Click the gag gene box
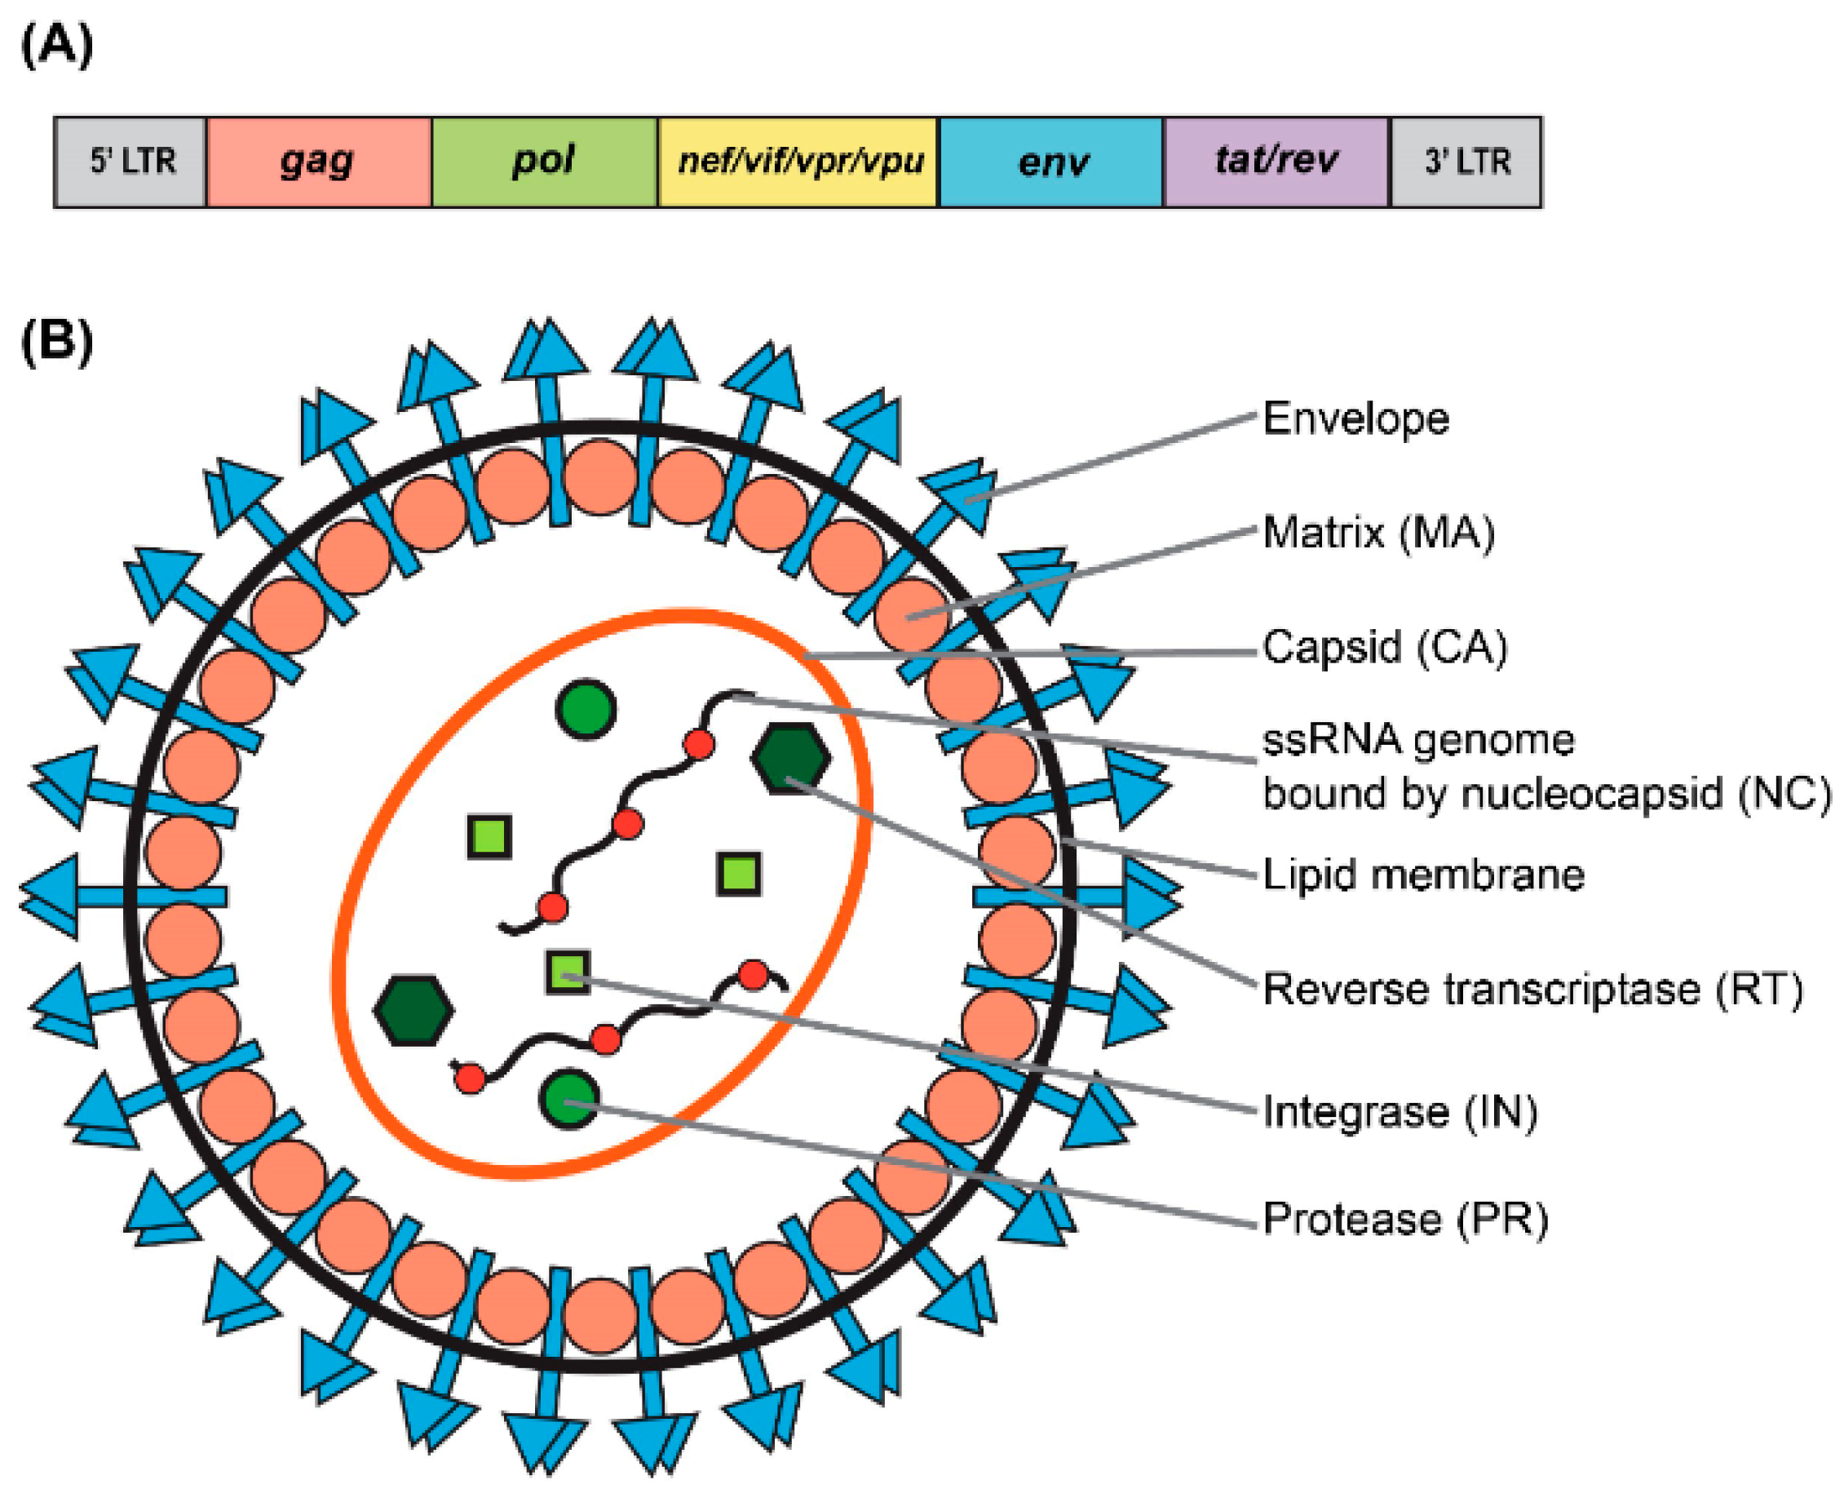pyautogui.click(x=318, y=162)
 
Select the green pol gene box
pyautogui.click(x=543, y=162)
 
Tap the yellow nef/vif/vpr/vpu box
pyautogui.click(x=798, y=162)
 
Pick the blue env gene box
pyautogui.click(x=1051, y=162)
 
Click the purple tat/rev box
pyautogui.click(x=1276, y=162)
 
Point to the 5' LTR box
pyautogui.click(x=130, y=162)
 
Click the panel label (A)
pyautogui.click(x=56, y=45)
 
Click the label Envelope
pyautogui.click(x=1355, y=419)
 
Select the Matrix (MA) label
pyautogui.click(x=1378, y=532)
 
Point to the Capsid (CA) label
pyautogui.click(x=1384, y=646)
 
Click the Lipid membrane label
pyautogui.click(x=1423, y=875)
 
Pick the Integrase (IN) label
pyautogui.click(x=1400, y=1112)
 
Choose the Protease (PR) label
pyautogui.click(x=1404, y=1219)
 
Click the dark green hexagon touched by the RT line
pyautogui.click(x=791, y=758)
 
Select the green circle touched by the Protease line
pyautogui.click(x=569, y=1099)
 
